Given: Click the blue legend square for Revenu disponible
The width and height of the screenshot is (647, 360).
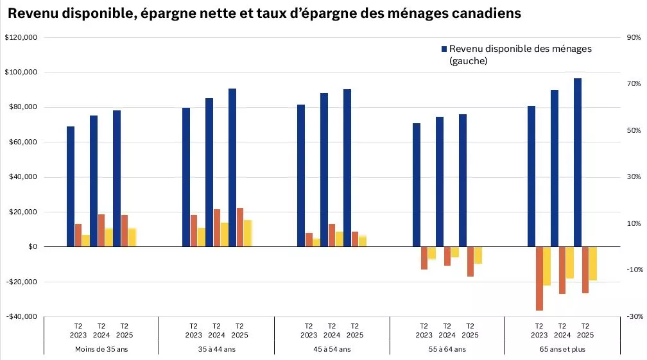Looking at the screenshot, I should pos(443,49).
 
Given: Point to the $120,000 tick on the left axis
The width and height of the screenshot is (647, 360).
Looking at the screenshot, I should pos(22,38).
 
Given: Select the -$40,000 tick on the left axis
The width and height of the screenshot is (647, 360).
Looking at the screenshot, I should pos(22,316).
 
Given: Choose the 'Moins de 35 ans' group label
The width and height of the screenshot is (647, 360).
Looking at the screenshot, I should pos(101,349).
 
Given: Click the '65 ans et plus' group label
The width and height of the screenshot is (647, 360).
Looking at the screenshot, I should pos(562,349).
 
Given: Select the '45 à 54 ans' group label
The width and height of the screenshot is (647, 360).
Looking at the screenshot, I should pos(332,349).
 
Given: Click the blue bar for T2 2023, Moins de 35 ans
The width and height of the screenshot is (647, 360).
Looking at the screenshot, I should pos(71,186).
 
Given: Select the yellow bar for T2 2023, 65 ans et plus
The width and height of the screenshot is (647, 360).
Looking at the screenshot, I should pos(547,266).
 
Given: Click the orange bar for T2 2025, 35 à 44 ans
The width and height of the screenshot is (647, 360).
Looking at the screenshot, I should pos(240,227).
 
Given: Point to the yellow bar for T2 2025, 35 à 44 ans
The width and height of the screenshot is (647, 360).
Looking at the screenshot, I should pos(248,233).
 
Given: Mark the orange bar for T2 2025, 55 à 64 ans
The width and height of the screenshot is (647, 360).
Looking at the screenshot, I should pos(470,261).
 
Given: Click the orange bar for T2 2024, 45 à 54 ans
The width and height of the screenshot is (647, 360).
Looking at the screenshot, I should pos(332,235).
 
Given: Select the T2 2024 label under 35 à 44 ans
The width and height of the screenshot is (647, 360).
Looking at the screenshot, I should pos(217,330).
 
